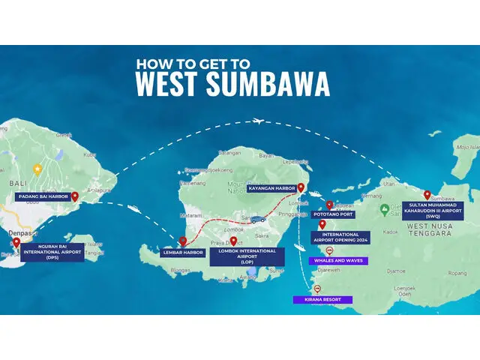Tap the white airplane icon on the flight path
coord(259,121)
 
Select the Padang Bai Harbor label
coord(43,196)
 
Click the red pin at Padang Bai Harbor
coord(74,196)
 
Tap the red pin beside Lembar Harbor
coord(182,241)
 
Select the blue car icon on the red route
coord(257,220)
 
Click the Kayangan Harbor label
coord(271,188)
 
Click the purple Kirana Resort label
coord(322,299)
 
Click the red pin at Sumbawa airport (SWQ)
coord(427,194)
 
